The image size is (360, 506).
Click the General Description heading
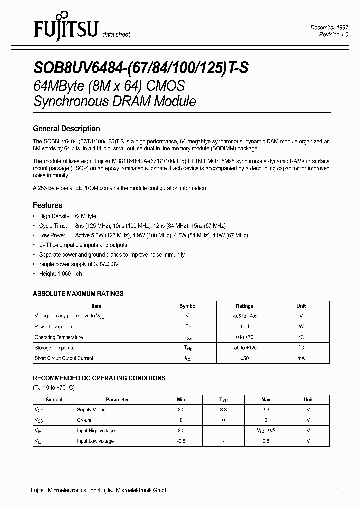[x=66, y=128]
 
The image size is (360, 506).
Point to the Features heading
[x=48, y=205]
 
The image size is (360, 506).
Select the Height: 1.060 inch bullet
[x=61, y=273]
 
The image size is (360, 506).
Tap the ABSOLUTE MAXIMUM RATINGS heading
[x=78, y=293]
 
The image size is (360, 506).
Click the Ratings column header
[x=244, y=306]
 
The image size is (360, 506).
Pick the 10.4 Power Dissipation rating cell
[x=244, y=327]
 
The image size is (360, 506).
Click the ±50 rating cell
[x=244, y=358]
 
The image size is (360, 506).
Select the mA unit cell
[x=301, y=358]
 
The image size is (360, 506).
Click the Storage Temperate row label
[x=55, y=348]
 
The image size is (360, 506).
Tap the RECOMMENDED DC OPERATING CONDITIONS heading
[x=99, y=378]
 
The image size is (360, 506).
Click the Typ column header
[x=224, y=399]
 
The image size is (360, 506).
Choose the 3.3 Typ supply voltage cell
[x=224, y=410]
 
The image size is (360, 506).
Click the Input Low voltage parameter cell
[x=95, y=441]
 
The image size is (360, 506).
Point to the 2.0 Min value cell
[x=181, y=431]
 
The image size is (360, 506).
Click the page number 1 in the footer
[x=337, y=491]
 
